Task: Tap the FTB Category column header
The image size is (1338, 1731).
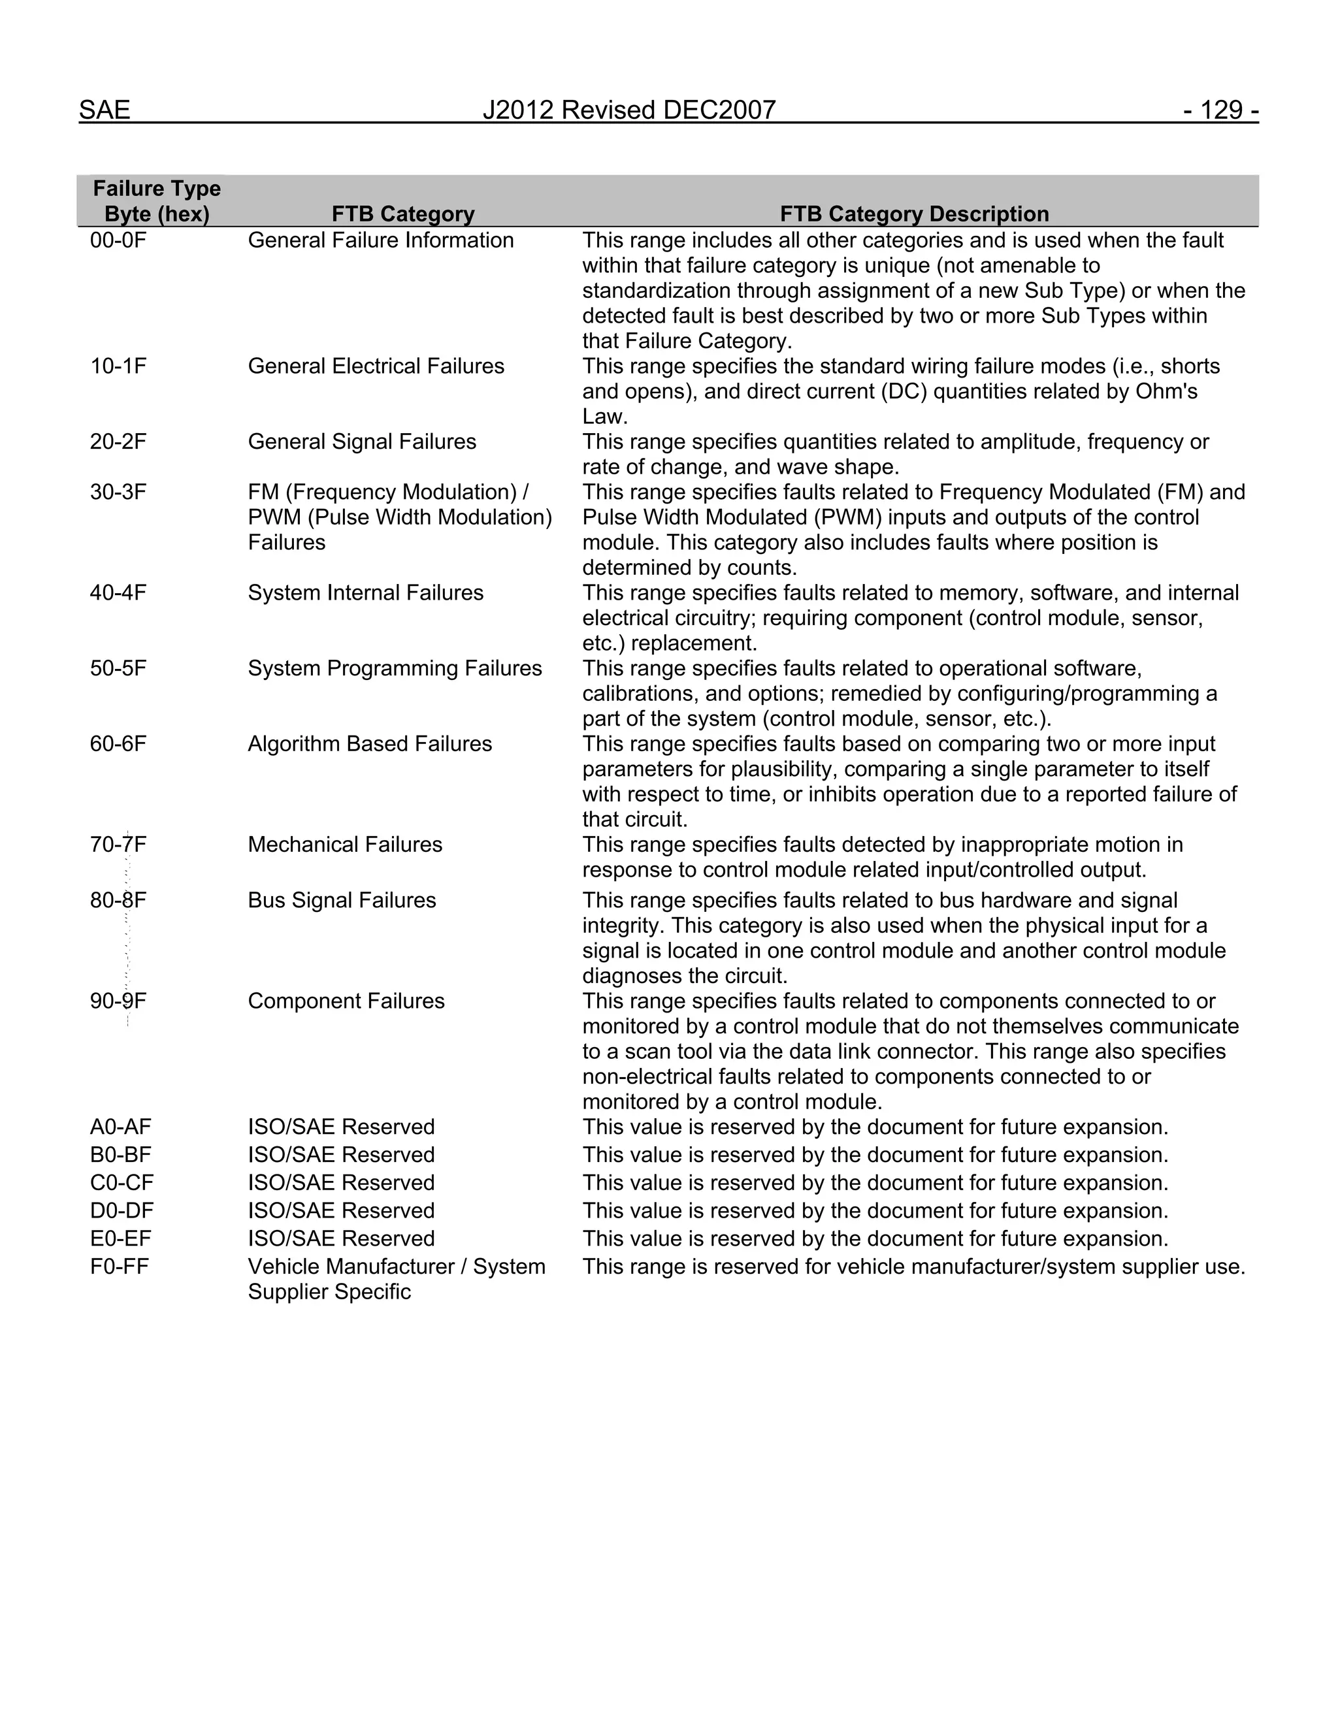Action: point(402,214)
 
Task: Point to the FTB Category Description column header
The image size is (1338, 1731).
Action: point(914,214)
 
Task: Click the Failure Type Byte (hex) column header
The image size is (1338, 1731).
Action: point(157,201)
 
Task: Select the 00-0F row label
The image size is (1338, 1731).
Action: point(118,240)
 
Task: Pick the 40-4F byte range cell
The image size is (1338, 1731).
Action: point(118,593)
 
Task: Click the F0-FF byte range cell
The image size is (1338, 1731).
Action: point(119,1267)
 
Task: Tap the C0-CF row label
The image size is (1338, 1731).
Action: point(122,1182)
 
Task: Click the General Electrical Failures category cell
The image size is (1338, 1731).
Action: point(376,366)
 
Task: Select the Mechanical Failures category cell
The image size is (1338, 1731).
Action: point(345,844)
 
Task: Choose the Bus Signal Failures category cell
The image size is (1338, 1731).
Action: point(342,900)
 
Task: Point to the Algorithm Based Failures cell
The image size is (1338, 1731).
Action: point(369,743)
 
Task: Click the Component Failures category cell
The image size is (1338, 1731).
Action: point(346,1001)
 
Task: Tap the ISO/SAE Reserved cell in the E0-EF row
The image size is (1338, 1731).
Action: point(341,1238)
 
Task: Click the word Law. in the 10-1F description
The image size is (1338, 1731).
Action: point(605,417)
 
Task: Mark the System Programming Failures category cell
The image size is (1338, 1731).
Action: point(395,668)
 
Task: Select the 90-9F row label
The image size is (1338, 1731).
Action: point(118,1001)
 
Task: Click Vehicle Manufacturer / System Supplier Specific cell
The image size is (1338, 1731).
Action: point(397,1278)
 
